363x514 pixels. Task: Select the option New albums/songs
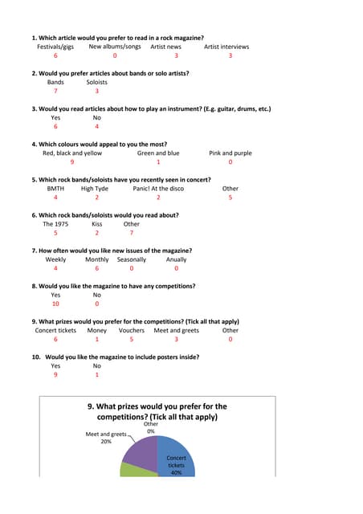pos(114,47)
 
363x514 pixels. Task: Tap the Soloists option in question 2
pos(96,82)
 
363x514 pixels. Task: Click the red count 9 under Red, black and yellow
pos(71,162)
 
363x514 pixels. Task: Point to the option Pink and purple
pos(230,153)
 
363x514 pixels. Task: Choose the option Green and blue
pos(158,153)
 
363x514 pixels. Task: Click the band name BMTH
pos(55,188)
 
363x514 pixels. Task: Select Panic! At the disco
pos(158,188)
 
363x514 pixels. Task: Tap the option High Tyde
pos(95,188)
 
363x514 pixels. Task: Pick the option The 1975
pos(55,224)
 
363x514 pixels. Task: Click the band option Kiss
pos(96,224)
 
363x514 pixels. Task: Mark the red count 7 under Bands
pos(55,92)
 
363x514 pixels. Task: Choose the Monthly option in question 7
pos(96,259)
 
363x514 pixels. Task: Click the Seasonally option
pos(132,259)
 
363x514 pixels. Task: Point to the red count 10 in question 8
pos(55,304)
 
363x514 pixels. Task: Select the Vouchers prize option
pos(132,330)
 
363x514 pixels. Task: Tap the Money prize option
pos(96,330)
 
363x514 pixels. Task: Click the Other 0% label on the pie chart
pos(151,427)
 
